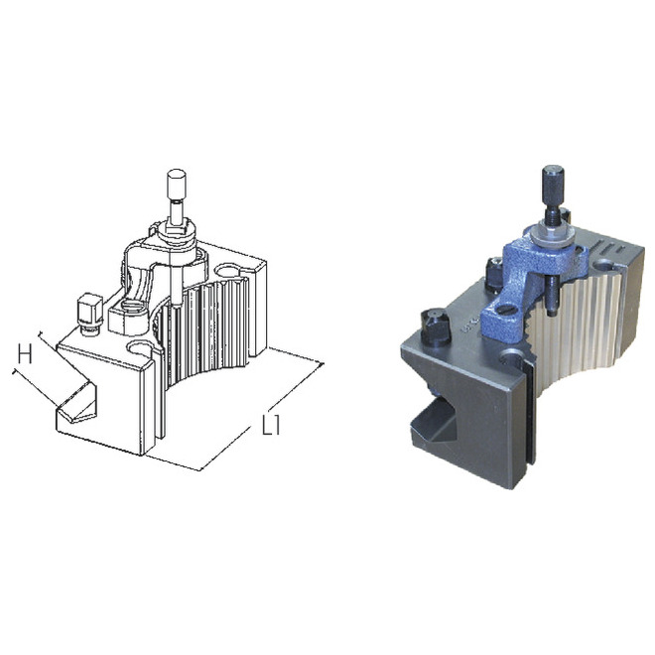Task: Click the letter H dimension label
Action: [x=25, y=354]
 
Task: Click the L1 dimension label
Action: [x=271, y=425]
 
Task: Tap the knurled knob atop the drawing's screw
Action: [x=177, y=185]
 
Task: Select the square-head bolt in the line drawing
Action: [x=90, y=314]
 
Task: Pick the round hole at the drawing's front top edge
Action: [x=140, y=347]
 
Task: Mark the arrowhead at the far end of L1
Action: [x=322, y=364]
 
